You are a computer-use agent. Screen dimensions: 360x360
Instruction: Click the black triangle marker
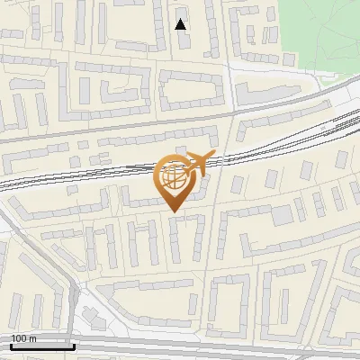(x=181, y=24)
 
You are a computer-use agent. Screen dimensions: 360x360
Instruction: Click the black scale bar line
(x=42, y=346)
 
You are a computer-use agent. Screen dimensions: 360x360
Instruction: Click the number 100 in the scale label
(x=20, y=338)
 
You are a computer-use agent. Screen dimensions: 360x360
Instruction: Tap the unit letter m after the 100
(x=32, y=338)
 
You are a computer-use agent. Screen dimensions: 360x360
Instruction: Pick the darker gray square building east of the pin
(x=283, y=216)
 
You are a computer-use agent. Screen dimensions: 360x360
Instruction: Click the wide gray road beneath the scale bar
(x=180, y=349)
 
